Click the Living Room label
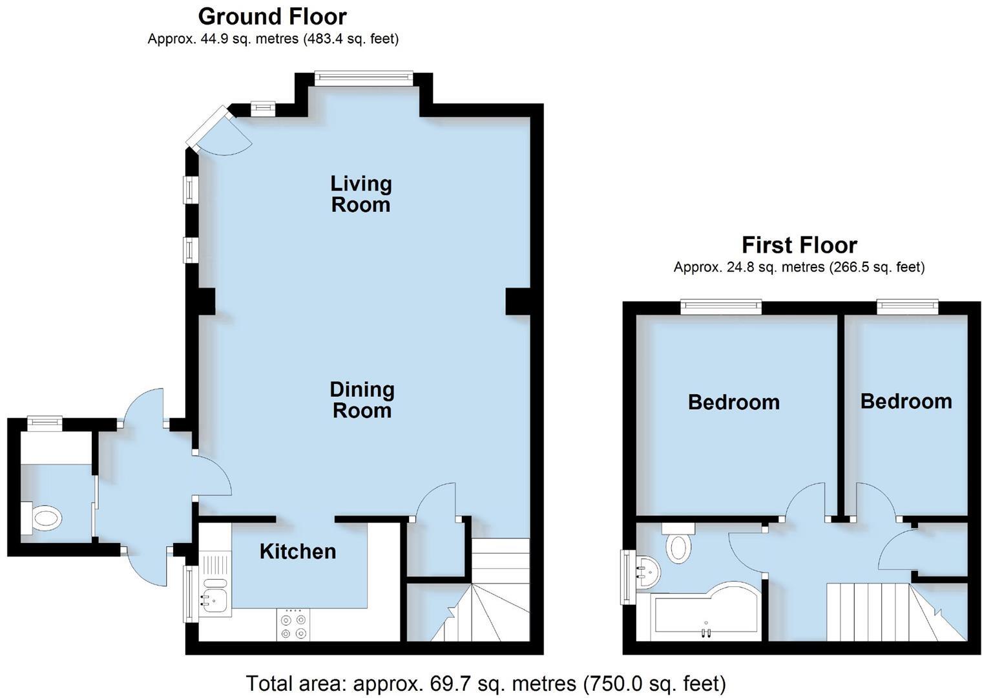[x=360, y=194]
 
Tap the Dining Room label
[x=362, y=400]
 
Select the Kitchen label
[x=298, y=551]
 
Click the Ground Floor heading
[x=272, y=16]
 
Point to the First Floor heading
[x=799, y=245]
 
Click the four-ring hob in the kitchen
[x=293, y=625]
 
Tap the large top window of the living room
[x=363, y=78]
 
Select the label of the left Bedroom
[x=733, y=402]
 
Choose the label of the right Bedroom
[x=906, y=401]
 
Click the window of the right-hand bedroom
[x=907, y=307]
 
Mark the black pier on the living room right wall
[x=517, y=302]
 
